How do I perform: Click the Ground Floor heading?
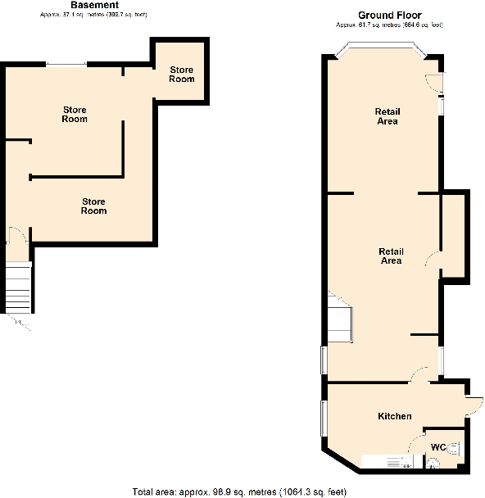(389, 16)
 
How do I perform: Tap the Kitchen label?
(394, 417)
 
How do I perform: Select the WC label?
(439, 446)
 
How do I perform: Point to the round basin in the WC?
(434, 463)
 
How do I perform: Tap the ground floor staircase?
(338, 319)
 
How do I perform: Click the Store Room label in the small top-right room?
(182, 74)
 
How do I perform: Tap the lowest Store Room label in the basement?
(93, 206)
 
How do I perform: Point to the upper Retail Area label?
(387, 116)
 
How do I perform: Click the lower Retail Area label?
(391, 256)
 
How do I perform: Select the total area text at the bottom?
(239, 491)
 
